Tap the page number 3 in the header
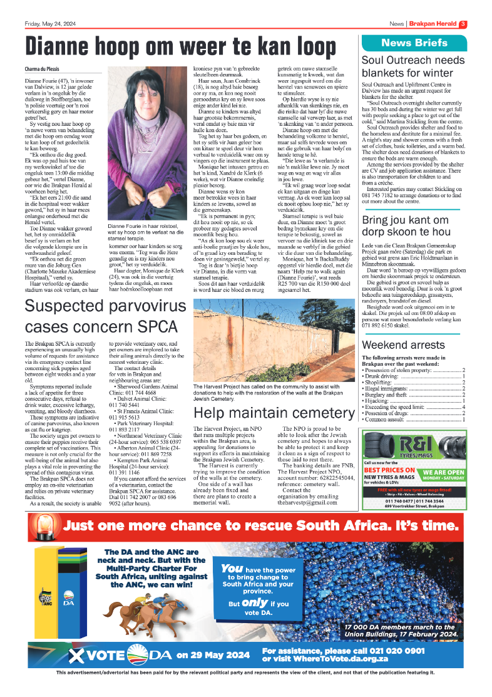463,24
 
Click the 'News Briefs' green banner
414,43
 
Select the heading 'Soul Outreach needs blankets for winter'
414,67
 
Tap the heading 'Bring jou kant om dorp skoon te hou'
414,227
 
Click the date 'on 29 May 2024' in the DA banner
213,656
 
